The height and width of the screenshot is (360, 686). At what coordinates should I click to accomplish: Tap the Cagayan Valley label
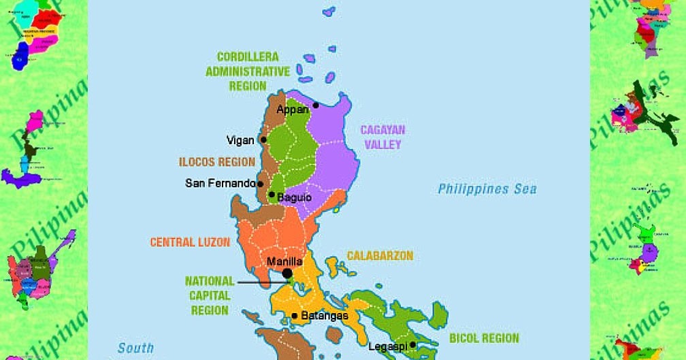[x=382, y=137]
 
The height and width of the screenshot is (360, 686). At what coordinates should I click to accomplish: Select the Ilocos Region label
[x=217, y=163]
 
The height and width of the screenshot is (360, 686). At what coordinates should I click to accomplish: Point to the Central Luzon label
[x=190, y=242]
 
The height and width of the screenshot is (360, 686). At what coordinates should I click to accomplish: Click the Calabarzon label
[x=380, y=256]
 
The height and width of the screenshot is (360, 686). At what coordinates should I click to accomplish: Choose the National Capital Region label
[x=210, y=295]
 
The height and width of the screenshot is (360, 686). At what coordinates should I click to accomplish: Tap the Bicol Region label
[x=484, y=338]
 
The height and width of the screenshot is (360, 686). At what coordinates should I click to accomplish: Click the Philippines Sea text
[x=487, y=189]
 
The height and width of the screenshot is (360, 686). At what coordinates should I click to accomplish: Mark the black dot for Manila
[x=287, y=273]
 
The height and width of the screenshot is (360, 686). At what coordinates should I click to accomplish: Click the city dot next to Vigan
[x=263, y=140]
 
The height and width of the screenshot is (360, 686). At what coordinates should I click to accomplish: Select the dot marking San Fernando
[x=260, y=184]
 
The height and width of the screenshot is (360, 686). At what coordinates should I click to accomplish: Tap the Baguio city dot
[x=272, y=195]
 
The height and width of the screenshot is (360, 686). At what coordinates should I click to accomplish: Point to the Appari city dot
[x=316, y=105]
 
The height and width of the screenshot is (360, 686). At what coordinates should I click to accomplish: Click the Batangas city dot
[x=294, y=316]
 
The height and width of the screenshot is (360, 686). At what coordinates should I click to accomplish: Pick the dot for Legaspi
[x=412, y=345]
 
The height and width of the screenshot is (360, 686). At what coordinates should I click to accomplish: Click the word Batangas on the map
[x=325, y=316]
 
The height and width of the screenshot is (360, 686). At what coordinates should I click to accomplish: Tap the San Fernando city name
[x=220, y=184]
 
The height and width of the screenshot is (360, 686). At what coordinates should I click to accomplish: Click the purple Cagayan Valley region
[x=333, y=157]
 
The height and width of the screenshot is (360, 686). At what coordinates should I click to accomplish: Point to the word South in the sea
[x=135, y=348]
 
